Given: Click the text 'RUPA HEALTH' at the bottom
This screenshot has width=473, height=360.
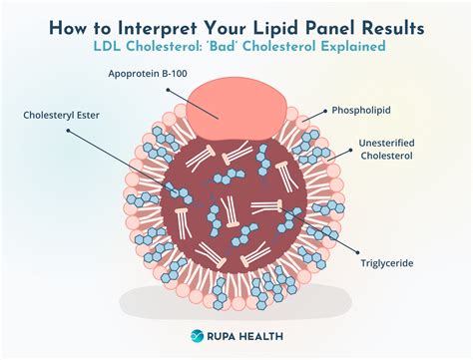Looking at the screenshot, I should coord(246,337).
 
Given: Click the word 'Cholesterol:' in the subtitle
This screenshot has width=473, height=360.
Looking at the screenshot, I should coord(180,48).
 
